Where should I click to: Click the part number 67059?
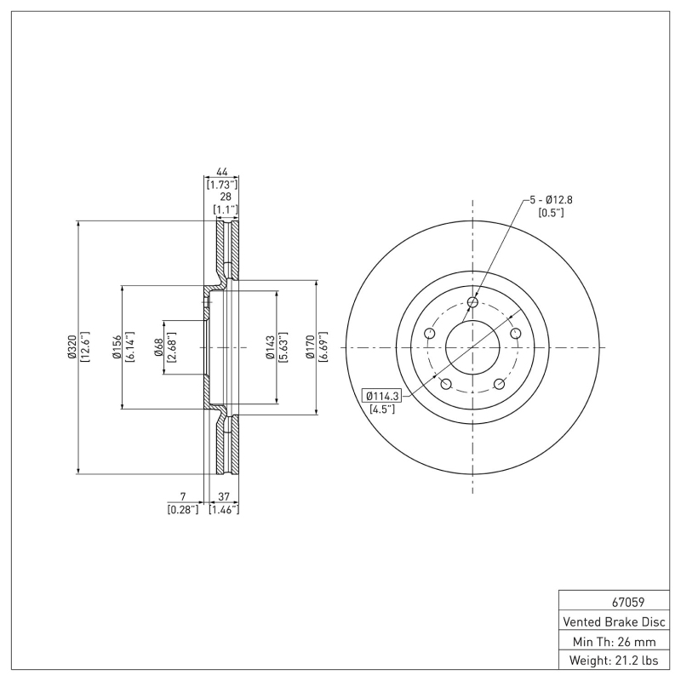[613, 602]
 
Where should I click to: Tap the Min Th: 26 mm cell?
[613, 641]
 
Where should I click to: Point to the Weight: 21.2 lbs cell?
[613, 661]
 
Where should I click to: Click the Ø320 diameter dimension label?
[73, 347]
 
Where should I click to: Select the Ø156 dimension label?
[117, 347]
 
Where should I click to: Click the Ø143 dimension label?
[271, 347]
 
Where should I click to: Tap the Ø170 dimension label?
[312, 347]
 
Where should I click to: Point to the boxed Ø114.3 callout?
[385, 395]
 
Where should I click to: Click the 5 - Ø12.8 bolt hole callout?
[551, 199]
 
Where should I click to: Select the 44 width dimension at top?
[220, 171]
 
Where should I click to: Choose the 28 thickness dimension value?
[225, 196]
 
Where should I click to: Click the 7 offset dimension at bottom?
[182, 496]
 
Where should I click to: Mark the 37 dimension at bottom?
[223, 496]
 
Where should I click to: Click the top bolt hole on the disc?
[473, 301]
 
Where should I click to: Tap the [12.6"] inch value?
[85, 347]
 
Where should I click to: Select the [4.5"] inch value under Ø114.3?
[381, 409]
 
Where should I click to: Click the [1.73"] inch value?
[221, 184]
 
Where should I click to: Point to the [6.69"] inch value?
[323, 347]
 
